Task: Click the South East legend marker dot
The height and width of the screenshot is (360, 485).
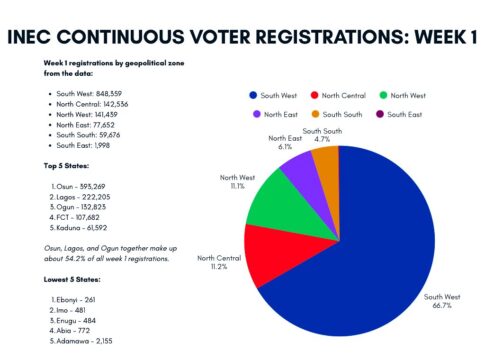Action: pyautogui.click(x=380, y=114)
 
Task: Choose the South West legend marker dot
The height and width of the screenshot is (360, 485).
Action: pyautogui.click(x=253, y=95)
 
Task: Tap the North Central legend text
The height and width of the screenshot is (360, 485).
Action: pyautogui.click(x=344, y=96)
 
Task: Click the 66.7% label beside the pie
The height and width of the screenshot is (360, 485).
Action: pyautogui.click(x=442, y=305)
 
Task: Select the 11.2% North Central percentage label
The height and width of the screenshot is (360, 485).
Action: pyautogui.click(x=219, y=267)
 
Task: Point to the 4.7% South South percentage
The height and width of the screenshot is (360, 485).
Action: pyautogui.click(x=322, y=139)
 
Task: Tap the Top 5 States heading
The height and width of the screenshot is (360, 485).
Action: pyautogui.click(x=66, y=166)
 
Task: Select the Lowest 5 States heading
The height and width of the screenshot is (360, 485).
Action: pyautogui.click(x=72, y=279)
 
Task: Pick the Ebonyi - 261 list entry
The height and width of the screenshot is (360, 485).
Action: pyautogui.click(x=73, y=300)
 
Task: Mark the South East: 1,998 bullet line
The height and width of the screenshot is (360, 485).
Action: pyautogui.click(x=83, y=146)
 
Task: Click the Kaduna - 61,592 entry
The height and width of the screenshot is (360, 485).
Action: pyautogui.click(x=78, y=228)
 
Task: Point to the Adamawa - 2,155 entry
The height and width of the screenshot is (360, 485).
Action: pyautogui.click(x=81, y=341)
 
